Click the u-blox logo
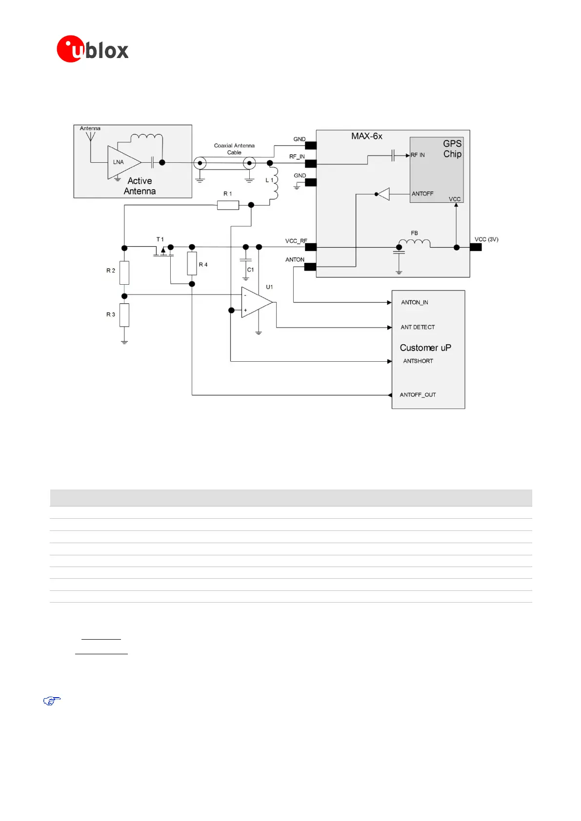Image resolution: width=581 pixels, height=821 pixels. click(x=92, y=49)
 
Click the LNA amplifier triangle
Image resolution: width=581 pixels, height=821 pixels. click(x=122, y=162)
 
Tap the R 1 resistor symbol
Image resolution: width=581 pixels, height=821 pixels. click(x=228, y=205)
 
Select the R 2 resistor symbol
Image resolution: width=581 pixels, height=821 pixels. click(x=124, y=273)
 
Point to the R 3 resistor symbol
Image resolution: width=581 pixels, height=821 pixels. click(x=124, y=315)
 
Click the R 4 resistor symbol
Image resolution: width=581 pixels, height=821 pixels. click(x=192, y=264)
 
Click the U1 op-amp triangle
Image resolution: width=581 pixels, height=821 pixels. click(x=256, y=302)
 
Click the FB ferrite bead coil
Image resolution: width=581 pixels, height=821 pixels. click(x=414, y=243)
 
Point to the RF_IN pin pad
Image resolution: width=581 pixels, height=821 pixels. click(x=311, y=163)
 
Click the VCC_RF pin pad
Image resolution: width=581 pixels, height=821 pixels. click(x=311, y=247)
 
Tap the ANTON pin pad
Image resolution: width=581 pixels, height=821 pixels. click(x=310, y=267)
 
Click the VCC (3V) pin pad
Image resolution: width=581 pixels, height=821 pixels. click(x=476, y=247)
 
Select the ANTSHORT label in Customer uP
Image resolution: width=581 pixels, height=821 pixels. click(x=418, y=361)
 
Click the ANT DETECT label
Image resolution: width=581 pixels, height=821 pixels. click(x=418, y=327)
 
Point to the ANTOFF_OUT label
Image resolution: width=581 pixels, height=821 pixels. click(x=418, y=395)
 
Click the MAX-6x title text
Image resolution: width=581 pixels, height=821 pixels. click(x=367, y=137)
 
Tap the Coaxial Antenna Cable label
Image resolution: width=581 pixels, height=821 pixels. click(x=234, y=149)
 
